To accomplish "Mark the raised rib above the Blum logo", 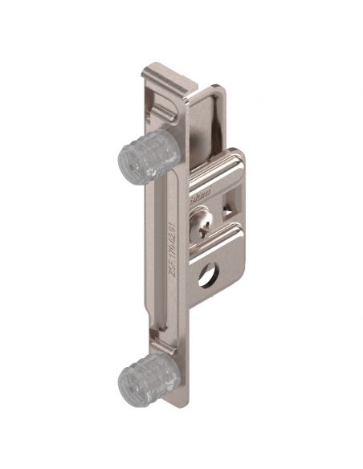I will (x=215, y=169).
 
